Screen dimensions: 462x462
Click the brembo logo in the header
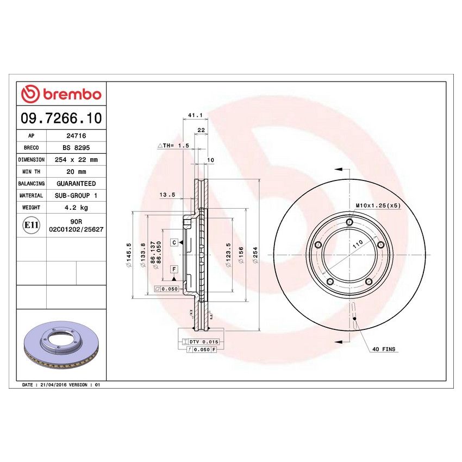[61, 94]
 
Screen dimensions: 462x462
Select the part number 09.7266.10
[61, 117]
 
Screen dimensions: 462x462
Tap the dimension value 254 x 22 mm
[76, 160]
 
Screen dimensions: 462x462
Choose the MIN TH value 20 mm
[76, 172]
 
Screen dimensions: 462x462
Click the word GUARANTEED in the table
[76, 184]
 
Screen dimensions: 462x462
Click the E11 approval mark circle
[32, 224]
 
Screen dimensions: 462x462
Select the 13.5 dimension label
[166, 195]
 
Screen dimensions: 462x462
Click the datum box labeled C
[174, 241]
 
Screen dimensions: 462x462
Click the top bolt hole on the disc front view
[349, 222]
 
